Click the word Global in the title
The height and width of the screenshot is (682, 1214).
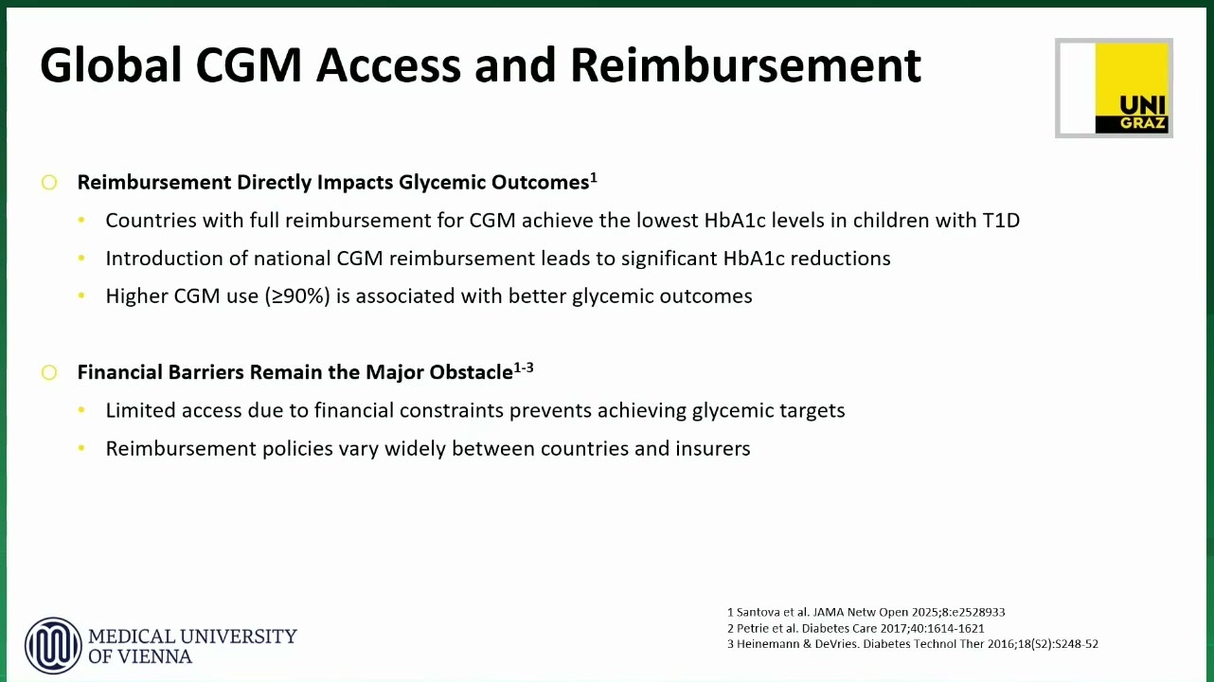[110, 65]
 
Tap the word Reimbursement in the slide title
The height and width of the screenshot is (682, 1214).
[746, 65]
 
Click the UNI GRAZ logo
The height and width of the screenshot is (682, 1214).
[1115, 88]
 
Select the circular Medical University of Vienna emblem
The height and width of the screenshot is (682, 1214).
[53, 646]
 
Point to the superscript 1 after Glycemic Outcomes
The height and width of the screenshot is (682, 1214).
[594, 177]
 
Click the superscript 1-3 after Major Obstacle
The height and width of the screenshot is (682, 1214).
[524, 368]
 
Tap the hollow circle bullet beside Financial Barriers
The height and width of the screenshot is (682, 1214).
[49, 372]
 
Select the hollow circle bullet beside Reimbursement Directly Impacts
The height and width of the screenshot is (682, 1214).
[49, 182]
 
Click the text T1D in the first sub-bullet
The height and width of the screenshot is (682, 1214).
[1001, 220]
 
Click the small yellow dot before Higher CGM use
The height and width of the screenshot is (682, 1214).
[81, 296]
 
